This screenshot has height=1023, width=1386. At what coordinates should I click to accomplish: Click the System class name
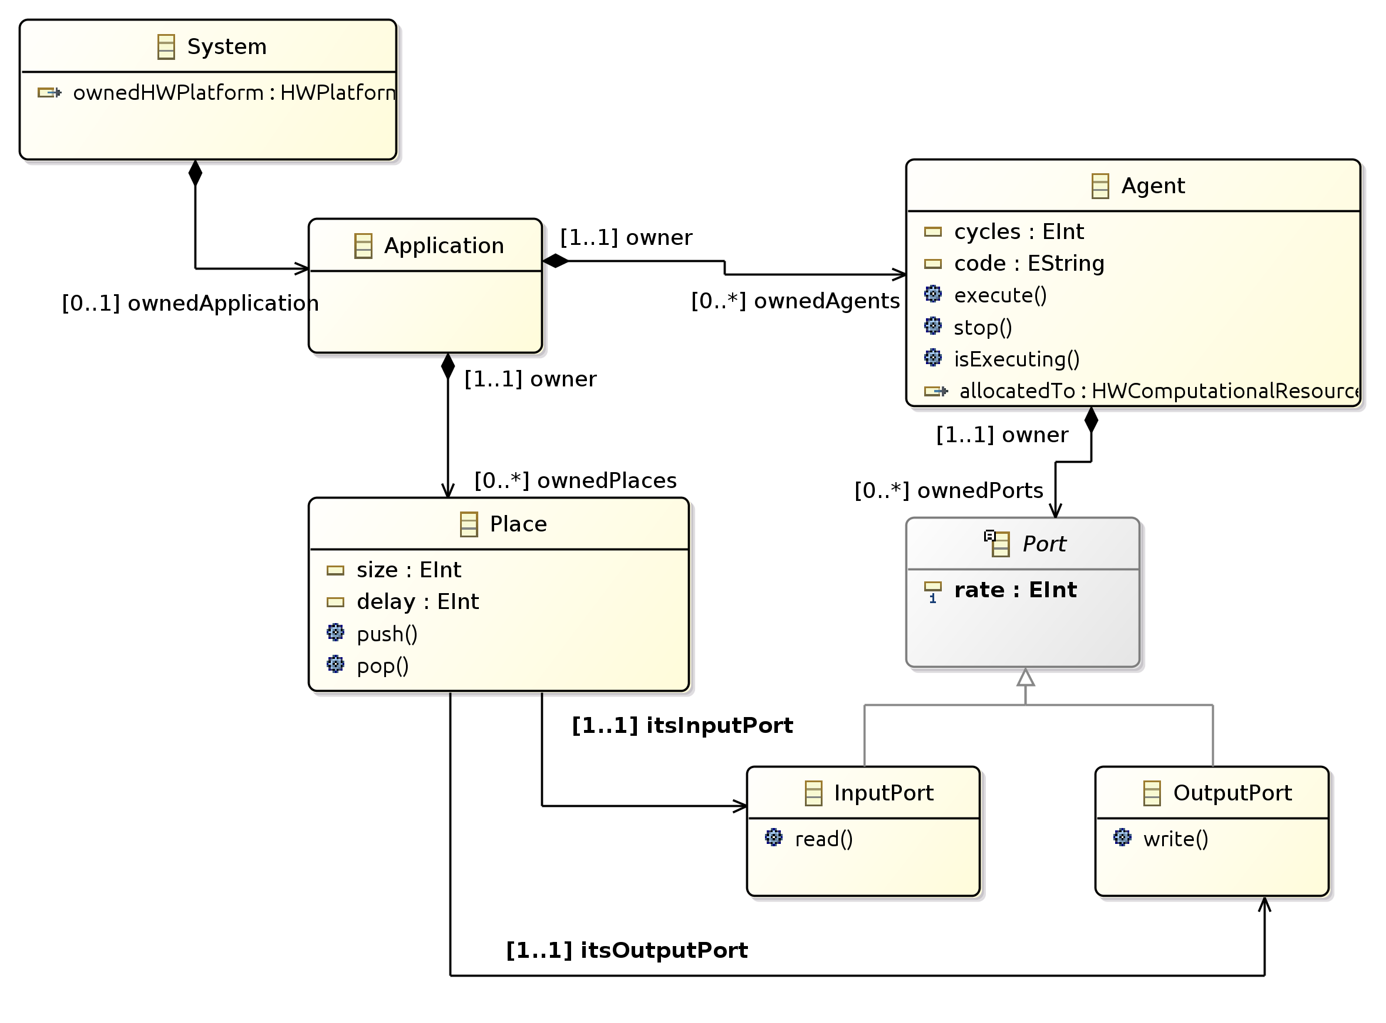tap(226, 47)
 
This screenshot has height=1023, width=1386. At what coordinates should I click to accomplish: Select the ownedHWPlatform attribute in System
tap(234, 93)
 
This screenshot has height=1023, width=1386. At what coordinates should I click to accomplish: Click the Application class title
tap(443, 246)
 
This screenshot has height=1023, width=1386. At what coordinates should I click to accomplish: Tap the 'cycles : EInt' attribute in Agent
tap(1018, 231)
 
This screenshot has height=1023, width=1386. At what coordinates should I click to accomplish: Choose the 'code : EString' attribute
tap(1029, 264)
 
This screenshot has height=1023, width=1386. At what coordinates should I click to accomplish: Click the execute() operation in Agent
tap(999, 295)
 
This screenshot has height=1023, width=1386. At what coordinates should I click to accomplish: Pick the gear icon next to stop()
tap(932, 326)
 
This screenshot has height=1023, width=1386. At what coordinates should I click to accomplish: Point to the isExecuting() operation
tap(1016, 359)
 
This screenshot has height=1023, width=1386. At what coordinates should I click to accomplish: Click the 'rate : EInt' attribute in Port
tap(1015, 590)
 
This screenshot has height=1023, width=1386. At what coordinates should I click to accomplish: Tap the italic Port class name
tap(1043, 544)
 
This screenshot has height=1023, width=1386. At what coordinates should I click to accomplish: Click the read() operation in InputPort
tap(823, 839)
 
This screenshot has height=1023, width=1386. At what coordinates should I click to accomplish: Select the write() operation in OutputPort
tap(1174, 839)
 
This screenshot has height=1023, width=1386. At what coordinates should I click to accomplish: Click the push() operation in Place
tap(387, 635)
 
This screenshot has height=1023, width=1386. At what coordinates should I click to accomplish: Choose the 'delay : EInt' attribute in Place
tap(417, 602)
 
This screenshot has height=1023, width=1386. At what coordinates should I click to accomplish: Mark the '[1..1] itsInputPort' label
tap(682, 726)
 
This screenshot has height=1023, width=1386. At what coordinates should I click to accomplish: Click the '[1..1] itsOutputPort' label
tap(626, 951)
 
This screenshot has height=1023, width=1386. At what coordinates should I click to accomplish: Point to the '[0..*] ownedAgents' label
tap(795, 302)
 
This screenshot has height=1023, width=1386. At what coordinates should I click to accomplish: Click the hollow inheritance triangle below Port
tap(1025, 678)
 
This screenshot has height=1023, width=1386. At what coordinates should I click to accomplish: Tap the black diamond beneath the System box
tap(195, 173)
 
